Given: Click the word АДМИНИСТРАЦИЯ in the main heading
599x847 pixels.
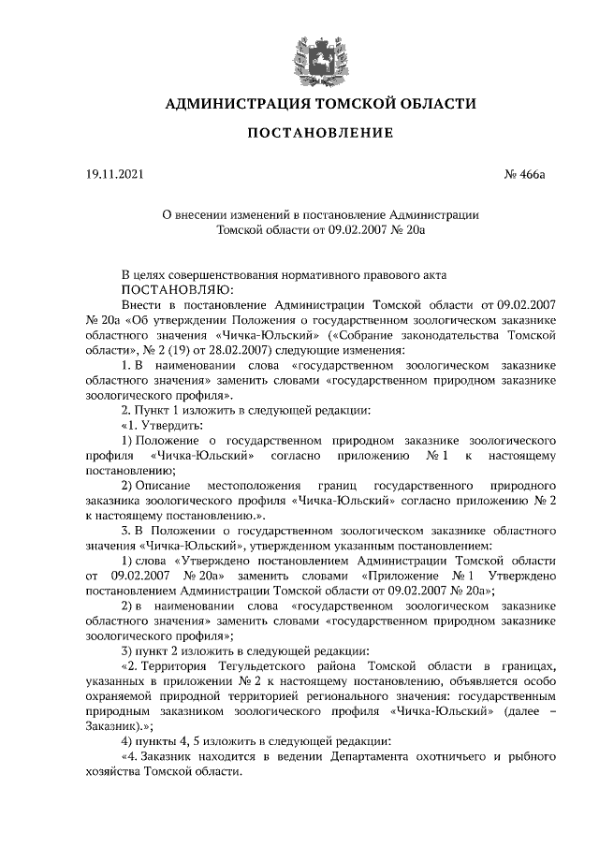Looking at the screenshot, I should click(230, 103).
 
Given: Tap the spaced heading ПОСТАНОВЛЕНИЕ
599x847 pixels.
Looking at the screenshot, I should click(319, 134).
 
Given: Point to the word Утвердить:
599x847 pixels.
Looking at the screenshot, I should click(170, 425).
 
